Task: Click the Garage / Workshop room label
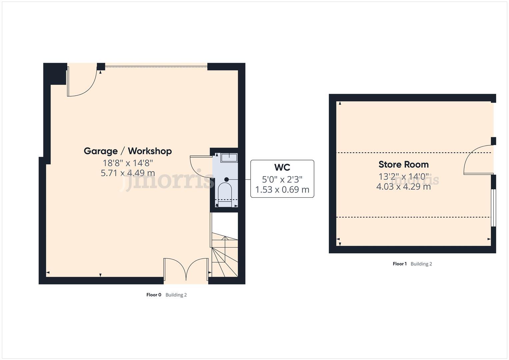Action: pyautogui.click(x=128, y=151)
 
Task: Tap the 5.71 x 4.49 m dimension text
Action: pyautogui.click(x=128, y=173)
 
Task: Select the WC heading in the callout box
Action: pyautogui.click(x=282, y=167)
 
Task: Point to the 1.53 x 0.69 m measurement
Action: pyautogui.click(x=282, y=190)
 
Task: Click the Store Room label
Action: pyautogui.click(x=403, y=164)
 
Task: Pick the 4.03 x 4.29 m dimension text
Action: pyautogui.click(x=403, y=186)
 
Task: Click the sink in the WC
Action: pyautogui.click(x=229, y=158)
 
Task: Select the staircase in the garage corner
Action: pyautogui.click(x=225, y=253)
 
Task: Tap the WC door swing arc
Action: pyautogui.click(x=200, y=165)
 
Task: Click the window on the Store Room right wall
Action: pyautogui.click(x=494, y=208)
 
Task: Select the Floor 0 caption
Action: pyautogui.click(x=154, y=295)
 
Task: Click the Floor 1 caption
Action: pyautogui.click(x=400, y=264)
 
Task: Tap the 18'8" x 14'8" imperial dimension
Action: pyautogui.click(x=128, y=163)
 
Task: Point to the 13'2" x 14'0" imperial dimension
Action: pyautogui.click(x=403, y=176)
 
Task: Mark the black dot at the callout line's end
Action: pyautogui.click(x=227, y=179)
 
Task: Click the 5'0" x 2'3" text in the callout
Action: pyautogui.click(x=282, y=179)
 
